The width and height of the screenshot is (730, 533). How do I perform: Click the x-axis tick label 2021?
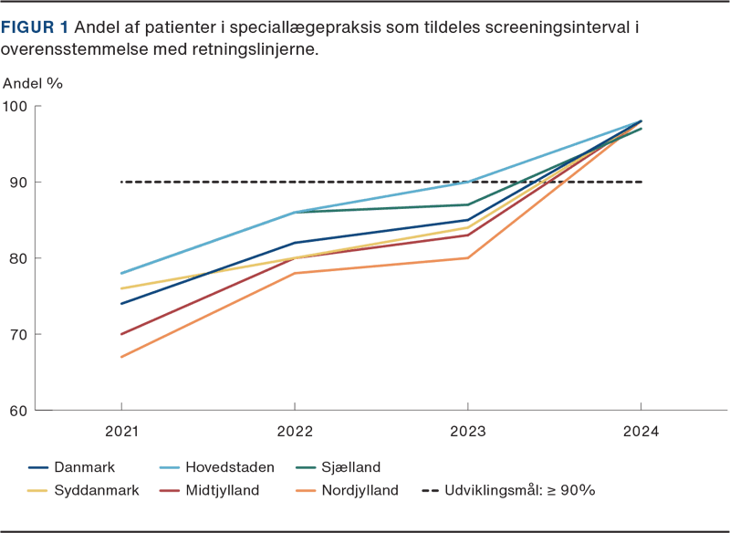click(121, 430)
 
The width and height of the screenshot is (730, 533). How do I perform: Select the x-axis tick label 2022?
click(294, 430)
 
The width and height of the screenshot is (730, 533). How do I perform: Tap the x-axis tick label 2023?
click(467, 430)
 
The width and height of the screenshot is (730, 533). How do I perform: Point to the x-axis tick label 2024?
click(641, 430)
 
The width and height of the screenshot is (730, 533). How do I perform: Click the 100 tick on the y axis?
click(16, 106)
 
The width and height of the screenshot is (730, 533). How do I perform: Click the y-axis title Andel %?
click(33, 83)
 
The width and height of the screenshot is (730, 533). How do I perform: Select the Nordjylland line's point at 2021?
click(121, 357)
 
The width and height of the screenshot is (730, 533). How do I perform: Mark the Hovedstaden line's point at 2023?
click(467, 183)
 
